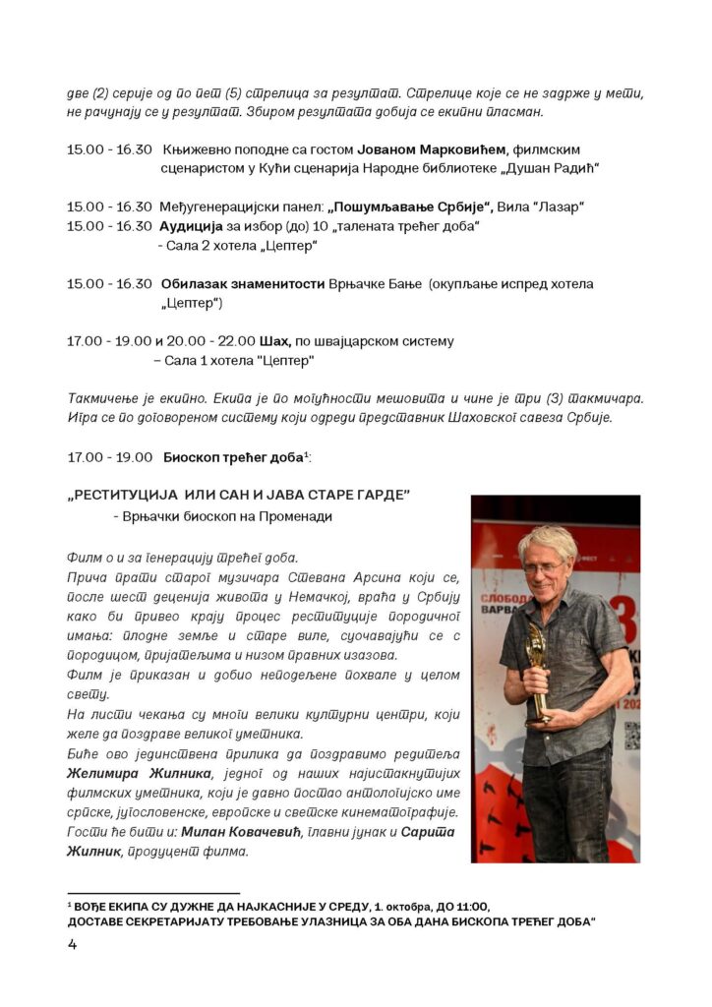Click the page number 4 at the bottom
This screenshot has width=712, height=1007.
(x=72, y=945)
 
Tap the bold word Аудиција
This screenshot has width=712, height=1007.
(x=193, y=226)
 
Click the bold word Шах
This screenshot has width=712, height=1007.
(x=274, y=340)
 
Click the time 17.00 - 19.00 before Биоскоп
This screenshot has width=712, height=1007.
(x=109, y=457)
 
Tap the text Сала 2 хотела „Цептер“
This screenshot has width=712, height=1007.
(x=220, y=245)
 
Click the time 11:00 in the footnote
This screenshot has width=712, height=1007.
(x=471, y=906)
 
